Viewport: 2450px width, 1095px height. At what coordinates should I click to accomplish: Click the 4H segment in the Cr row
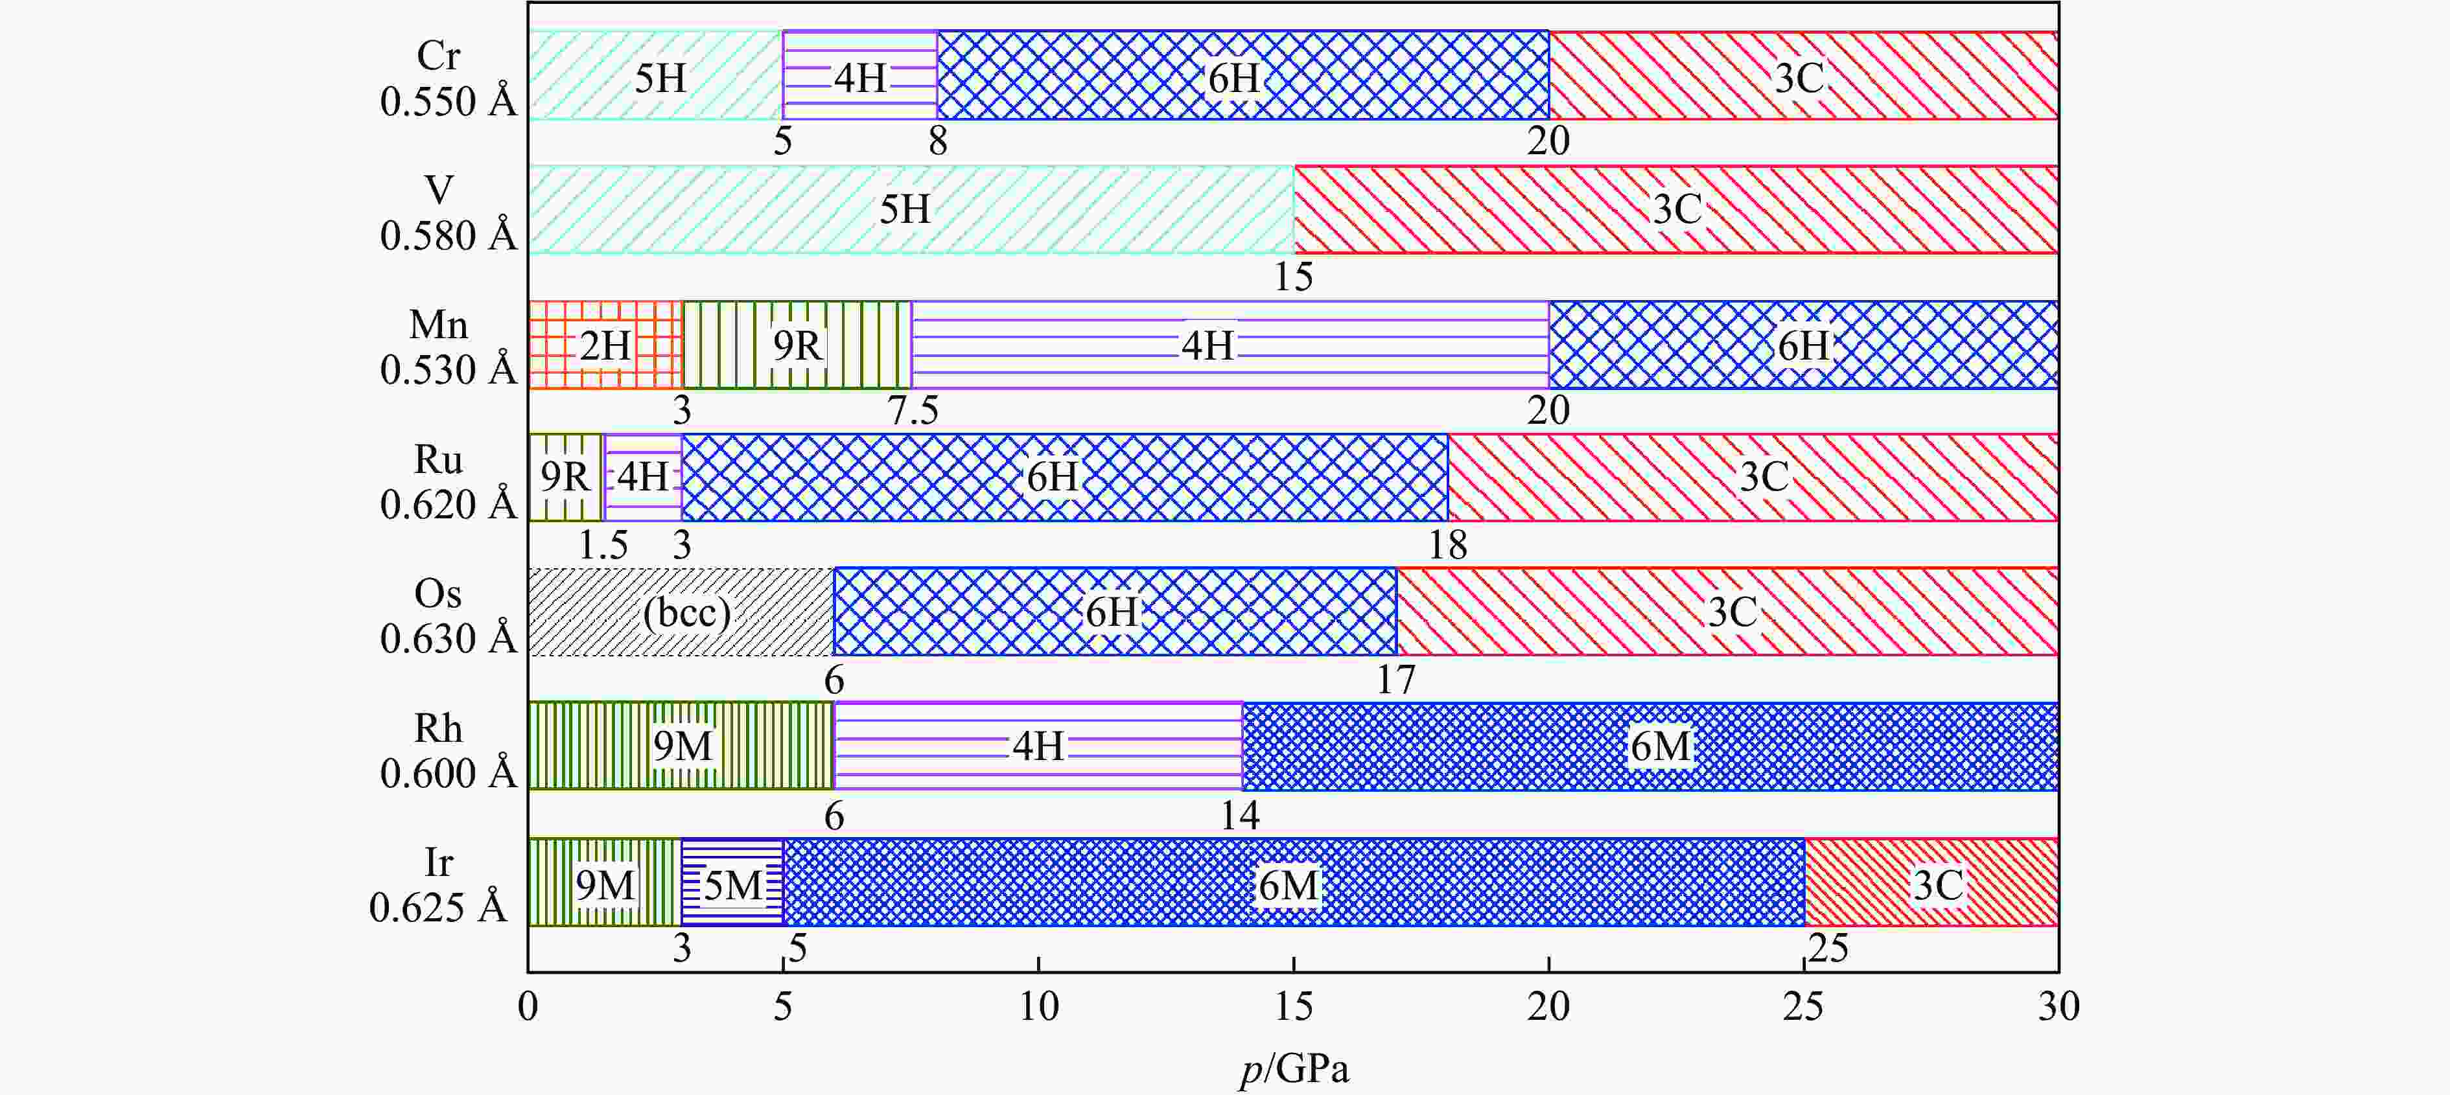(x=860, y=76)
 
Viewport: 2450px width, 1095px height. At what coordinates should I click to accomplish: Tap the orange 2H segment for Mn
(x=605, y=345)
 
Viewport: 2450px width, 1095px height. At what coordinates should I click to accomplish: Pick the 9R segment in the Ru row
(x=565, y=477)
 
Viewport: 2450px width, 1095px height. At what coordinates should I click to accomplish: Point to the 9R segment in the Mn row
(x=797, y=345)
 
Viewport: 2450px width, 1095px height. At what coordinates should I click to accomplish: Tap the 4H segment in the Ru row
(x=643, y=477)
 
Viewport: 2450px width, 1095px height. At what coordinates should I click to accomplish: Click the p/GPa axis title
(x=1294, y=1069)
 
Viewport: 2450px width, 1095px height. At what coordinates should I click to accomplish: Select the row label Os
(x=437, y=594)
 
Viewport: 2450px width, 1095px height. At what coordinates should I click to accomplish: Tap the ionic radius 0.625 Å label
(x=437, y=908)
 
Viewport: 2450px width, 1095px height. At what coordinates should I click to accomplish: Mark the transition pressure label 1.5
(x=603, y=546)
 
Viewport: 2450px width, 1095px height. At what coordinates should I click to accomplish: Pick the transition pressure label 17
(x=1396, y=680)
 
